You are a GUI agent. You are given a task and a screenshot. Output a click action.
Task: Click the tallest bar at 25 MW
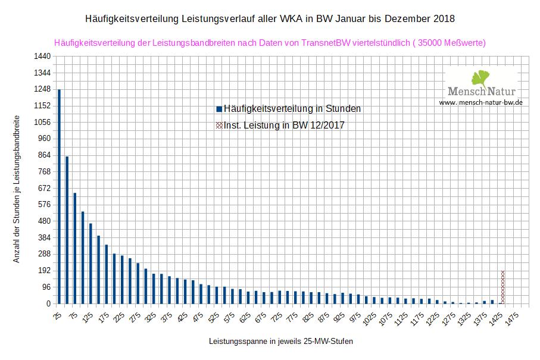point(59,196)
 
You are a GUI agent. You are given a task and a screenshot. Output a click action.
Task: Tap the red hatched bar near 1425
point(502,287)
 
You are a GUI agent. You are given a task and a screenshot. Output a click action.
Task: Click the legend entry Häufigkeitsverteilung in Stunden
point(292,109)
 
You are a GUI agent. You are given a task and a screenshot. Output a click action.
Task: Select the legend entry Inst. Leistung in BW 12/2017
point(284,126)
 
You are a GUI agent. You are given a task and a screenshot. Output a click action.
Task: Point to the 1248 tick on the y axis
point(41,89)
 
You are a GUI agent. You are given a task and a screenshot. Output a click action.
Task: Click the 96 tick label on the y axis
point(45,287)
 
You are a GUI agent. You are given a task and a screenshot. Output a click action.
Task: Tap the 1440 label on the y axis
point(41,57)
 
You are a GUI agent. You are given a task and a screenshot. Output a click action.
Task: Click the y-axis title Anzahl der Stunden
point(17,189)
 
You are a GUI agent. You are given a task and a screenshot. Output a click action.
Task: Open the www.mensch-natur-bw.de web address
point(481,102)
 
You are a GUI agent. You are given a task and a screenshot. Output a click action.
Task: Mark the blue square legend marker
point(219,109)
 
